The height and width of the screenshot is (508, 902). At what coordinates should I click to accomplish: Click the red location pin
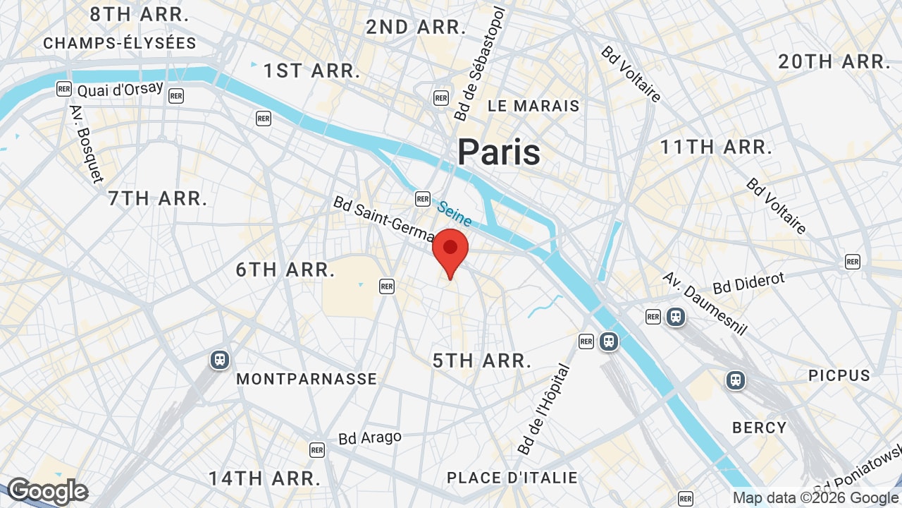(x=450, y=250)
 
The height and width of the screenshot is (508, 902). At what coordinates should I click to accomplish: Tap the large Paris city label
(x=498, y=152)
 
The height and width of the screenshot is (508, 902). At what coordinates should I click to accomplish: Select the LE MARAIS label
(x=533, y=107)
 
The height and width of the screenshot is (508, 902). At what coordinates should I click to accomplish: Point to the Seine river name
(x=454, y=213)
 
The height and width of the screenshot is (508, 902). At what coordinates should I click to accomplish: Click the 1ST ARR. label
(x=311, y=71)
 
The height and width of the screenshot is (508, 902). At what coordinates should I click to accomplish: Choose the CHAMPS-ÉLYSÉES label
(x=120, y=43)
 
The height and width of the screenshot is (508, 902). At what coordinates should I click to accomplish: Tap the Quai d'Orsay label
(x=120, y=90)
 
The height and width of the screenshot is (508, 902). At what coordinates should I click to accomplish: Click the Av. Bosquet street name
(x=86, y=144)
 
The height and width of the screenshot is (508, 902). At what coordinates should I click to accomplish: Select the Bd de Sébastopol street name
(x=480, y=64)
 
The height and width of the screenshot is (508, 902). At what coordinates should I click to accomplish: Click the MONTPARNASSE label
(x=307, y=379)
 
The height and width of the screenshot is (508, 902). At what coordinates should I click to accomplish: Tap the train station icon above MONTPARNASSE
(x=220, y=360)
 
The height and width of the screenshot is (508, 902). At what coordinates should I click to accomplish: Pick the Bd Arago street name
(x=370, y=437)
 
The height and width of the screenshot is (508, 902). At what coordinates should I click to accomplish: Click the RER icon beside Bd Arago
(x=317, y=449)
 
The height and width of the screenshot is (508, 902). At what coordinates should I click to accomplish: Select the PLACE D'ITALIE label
(x=512, y=478)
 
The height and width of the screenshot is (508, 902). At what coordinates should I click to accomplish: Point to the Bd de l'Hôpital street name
(x=543, y=409)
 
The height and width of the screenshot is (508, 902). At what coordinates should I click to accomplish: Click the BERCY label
(x=759, y=428)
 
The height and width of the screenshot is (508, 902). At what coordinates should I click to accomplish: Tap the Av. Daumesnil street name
(x=704, y=303)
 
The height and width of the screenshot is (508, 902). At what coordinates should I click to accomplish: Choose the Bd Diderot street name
(x=748, y=283)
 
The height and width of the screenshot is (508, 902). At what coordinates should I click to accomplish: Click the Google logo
(x=47, y=491)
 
